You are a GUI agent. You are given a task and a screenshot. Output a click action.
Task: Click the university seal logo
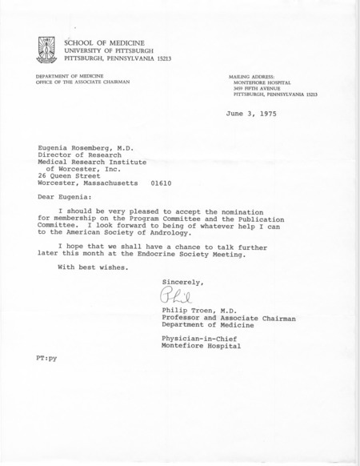click(50, 50)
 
